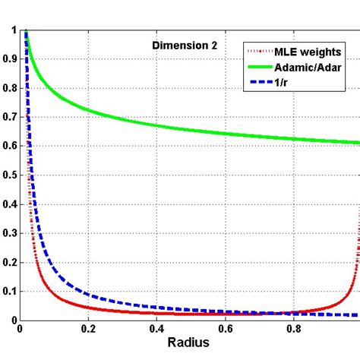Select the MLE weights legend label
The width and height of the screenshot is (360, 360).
[x=301, y=50]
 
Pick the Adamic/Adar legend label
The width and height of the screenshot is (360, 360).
[x=303, y=66]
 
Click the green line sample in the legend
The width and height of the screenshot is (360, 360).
[x=253, y=66]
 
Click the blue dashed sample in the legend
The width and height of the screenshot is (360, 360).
[x=253, y=82]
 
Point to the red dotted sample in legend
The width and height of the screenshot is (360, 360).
[x=253, y=50]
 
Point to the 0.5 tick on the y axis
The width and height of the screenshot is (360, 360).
[x=10, y=175]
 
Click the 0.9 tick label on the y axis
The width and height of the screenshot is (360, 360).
[x=10, y=59]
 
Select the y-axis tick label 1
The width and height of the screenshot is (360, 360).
[x=14, y=30]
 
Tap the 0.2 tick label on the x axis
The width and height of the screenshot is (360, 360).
[x=89, y=331]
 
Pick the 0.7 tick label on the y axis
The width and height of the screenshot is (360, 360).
[x=10, y=117]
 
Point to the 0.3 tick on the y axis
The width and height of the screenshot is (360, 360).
[x=10, y=233]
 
